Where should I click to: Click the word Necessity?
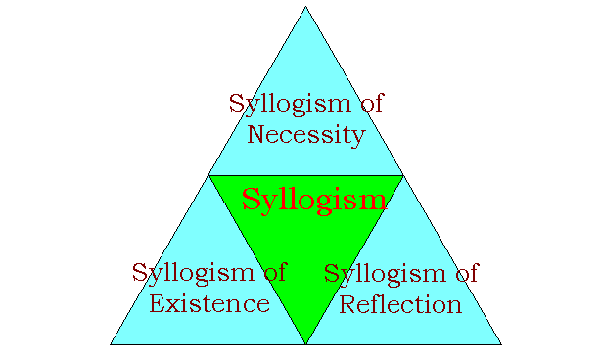(305, 134)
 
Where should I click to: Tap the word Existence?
(209, 303)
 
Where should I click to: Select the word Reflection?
(399, 303)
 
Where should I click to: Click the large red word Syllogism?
(314, 201)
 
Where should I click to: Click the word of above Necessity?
(367, 103)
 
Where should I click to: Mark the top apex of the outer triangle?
(305, 7)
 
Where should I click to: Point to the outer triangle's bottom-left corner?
(111, 344)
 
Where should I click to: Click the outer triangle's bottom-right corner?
(501, 344)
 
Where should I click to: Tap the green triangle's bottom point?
(305, 343)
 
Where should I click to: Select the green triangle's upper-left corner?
(209, 176)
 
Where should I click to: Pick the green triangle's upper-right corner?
(402, 176)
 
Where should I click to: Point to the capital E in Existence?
(158, 303)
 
